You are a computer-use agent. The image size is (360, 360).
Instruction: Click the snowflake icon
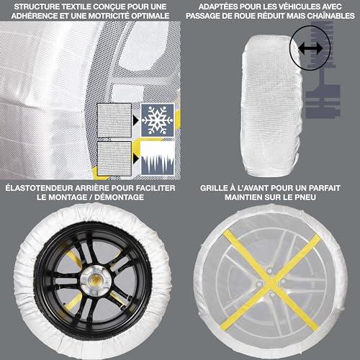click(157, 120)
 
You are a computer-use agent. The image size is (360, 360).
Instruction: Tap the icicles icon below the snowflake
click(157, 158)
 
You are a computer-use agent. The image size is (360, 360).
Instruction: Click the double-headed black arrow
click(310, 48)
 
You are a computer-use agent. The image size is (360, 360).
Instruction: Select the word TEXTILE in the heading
click(77, 6)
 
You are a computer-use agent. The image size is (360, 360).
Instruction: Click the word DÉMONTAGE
click(119, 197)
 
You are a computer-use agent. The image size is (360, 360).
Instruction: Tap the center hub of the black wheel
click(95, 279)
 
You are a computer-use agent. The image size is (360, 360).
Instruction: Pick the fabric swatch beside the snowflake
click(114, 120)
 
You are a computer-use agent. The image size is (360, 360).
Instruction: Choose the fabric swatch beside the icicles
click(114, 158)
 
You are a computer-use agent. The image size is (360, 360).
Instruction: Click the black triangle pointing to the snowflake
click(135, 120)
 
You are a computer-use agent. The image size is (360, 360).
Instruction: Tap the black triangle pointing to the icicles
click(136, 158)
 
